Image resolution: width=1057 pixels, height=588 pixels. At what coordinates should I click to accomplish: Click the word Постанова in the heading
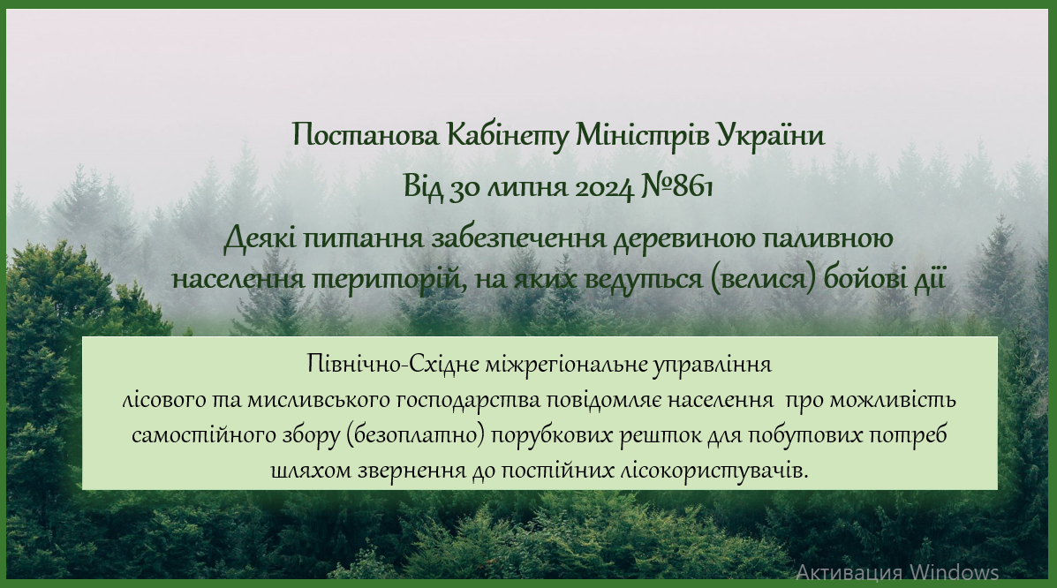366,135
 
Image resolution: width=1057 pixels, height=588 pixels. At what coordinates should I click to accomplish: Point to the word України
771,136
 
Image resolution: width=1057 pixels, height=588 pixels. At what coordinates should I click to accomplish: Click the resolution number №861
676,186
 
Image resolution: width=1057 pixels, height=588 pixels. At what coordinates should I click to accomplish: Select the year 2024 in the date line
604,187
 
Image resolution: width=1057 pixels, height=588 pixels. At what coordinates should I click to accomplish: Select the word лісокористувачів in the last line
713,470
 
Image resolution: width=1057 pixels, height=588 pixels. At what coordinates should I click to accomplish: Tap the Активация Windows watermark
897,572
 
